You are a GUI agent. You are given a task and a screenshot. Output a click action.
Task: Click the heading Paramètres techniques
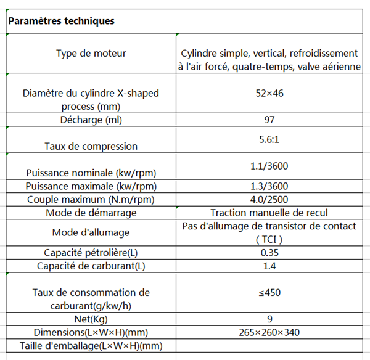point(61,21)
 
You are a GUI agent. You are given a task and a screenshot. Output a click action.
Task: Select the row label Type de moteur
point(91,53)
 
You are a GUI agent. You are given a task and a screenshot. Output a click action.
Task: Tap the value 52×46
point(268,94)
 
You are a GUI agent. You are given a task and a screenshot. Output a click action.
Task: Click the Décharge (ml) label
point(91,119)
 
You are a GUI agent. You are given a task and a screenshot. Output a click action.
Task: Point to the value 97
point(268,119)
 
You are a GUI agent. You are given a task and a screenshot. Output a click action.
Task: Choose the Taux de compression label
point(91,146)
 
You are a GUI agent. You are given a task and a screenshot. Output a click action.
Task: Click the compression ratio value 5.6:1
point(268,139)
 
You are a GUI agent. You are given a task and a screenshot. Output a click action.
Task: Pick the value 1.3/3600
point(268,186)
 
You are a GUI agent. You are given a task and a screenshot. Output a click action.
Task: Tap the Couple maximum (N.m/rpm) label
point(91,199)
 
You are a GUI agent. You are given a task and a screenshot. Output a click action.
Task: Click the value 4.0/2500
point(268,199)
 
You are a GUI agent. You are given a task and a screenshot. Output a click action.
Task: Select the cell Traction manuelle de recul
point(268,213)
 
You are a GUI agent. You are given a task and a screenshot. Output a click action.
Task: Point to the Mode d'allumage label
point(91,232)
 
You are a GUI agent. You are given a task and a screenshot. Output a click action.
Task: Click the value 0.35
point(268,253)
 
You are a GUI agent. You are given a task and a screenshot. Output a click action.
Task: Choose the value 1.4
point(268,266)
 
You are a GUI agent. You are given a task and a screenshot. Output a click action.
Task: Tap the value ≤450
point(268,293)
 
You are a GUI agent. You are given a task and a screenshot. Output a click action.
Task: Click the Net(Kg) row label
point(91,319)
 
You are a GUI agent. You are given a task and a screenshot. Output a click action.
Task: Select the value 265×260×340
point(268,332)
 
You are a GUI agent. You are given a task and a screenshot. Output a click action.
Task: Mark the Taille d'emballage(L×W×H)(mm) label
point(91,346)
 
